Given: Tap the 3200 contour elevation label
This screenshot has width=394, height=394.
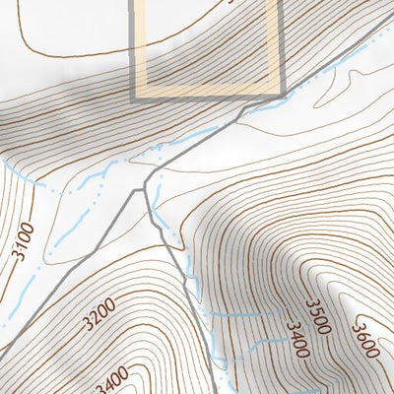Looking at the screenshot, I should coord(100,316).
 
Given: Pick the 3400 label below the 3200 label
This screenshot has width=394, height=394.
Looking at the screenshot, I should coord(112,377).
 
